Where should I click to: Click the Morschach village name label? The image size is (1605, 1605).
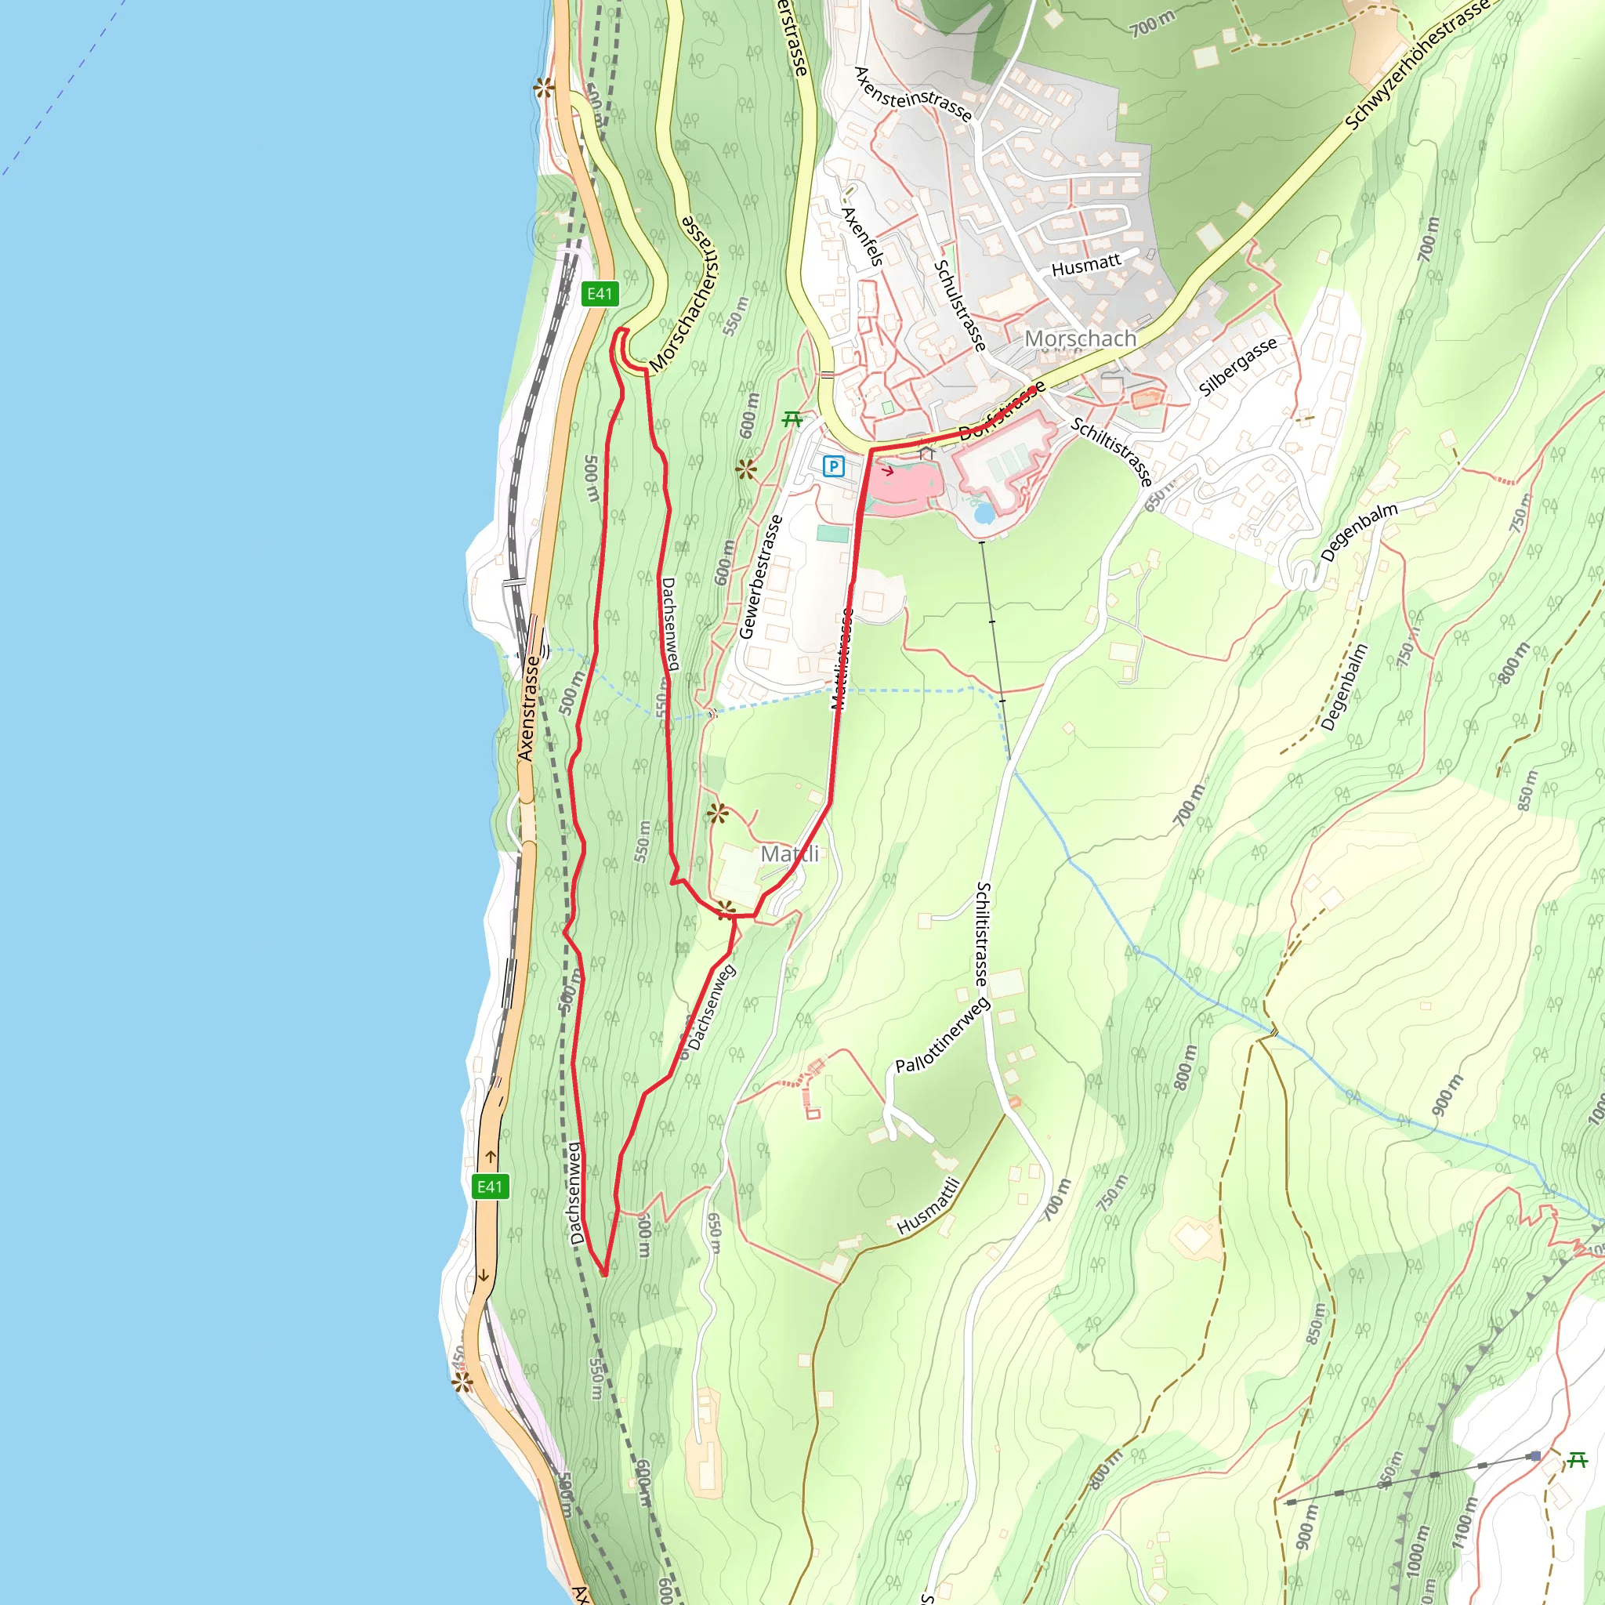[1080, 339]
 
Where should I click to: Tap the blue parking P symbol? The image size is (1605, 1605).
[833, 466]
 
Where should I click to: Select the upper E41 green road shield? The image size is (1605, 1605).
[600, 293]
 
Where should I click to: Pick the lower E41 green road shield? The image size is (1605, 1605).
[489, 1187]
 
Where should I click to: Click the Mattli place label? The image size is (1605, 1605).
[789, 854]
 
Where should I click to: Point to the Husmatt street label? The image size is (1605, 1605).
[1085, 265]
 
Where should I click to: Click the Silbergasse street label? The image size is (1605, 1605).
[1237, 366]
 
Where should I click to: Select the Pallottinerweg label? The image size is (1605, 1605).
[942, 1035]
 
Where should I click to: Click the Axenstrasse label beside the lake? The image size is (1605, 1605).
[527, 708]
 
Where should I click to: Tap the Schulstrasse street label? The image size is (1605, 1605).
[960, 306]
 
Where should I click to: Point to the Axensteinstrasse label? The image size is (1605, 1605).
[913, 94]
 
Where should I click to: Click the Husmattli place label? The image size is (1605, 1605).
[929, 1206]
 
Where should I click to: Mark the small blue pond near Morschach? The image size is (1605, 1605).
[984, 513]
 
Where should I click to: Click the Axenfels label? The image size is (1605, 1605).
[862, 236]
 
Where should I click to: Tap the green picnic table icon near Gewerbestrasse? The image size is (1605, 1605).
[792, 419]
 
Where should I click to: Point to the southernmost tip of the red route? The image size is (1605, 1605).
[605, 1273]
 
